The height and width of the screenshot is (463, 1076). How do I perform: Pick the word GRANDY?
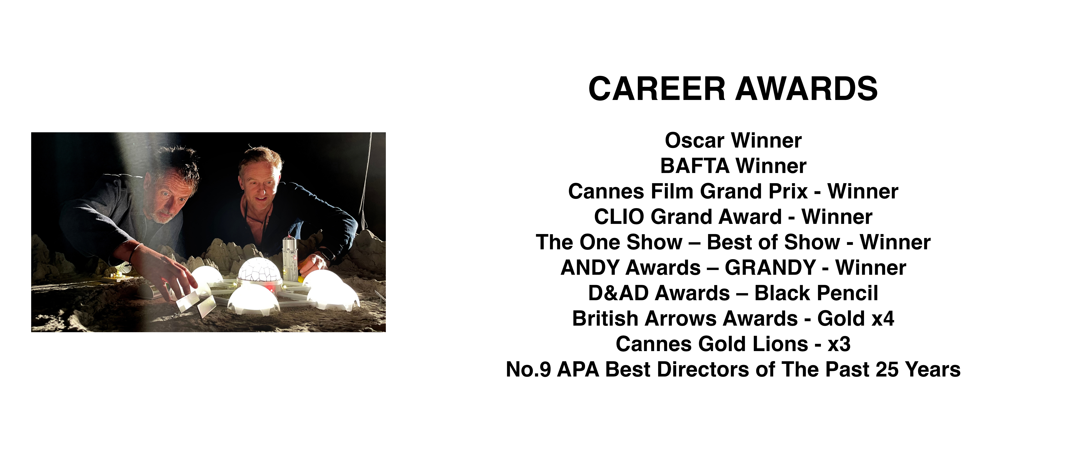click(771, 267)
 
